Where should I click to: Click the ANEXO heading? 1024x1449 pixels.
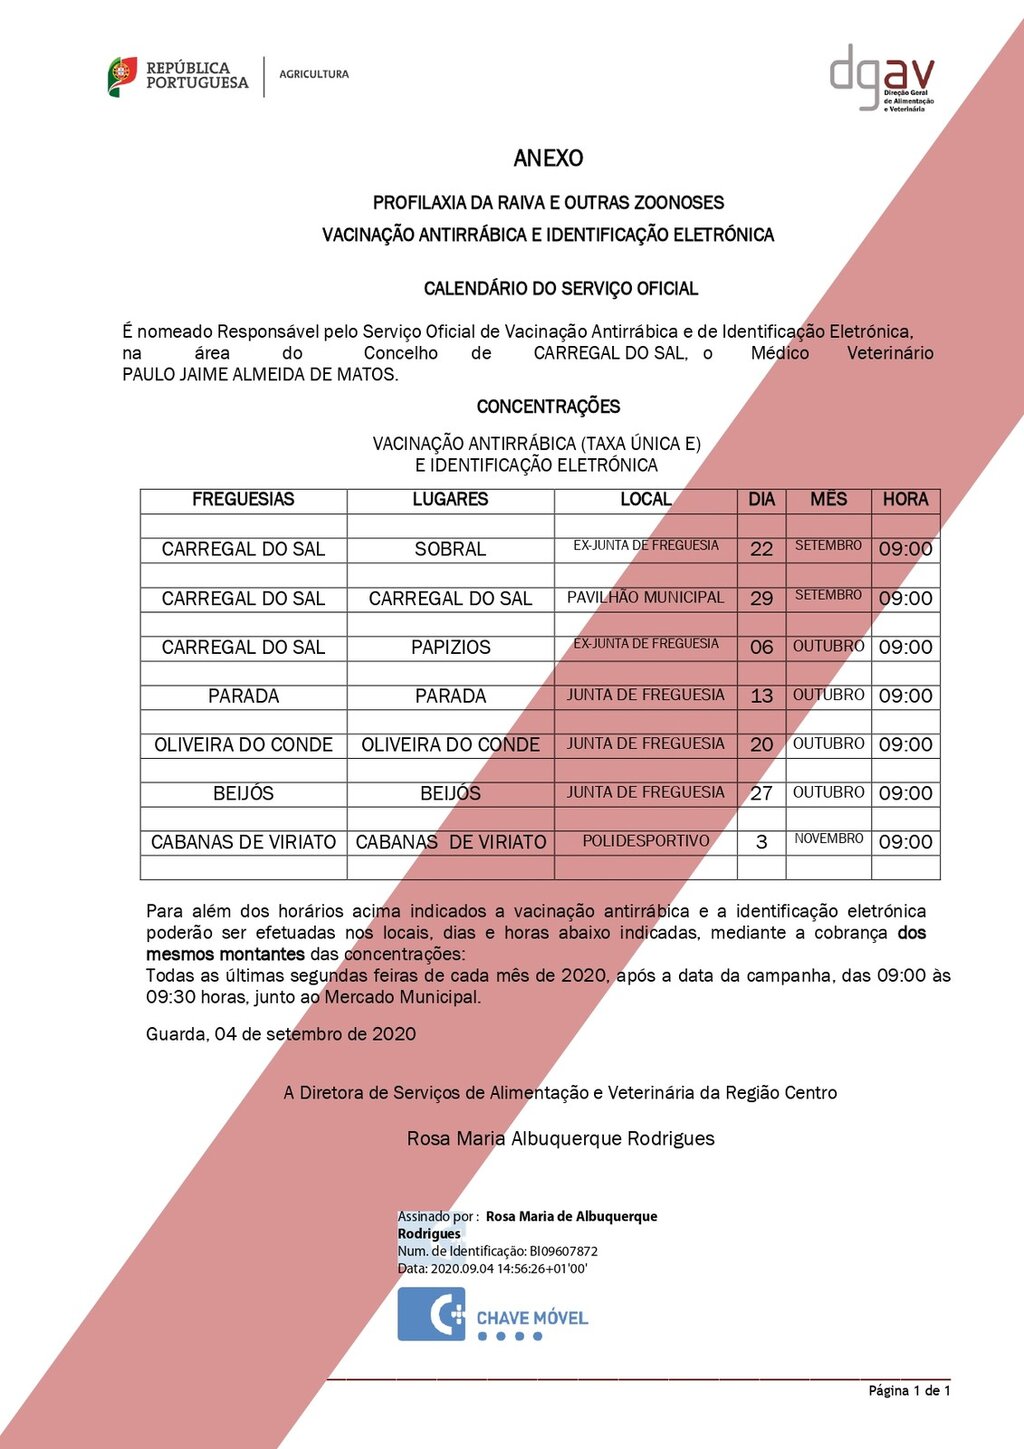point(548,158)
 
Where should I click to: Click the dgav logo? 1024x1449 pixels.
point(881,77)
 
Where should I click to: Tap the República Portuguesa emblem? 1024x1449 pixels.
point(122,77)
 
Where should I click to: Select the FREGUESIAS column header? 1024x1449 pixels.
point(243,499)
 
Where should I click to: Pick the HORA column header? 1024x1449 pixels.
point(905,499)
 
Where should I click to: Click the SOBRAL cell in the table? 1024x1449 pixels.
point(450,549)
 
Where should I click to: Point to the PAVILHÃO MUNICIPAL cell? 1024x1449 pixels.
point(645,597)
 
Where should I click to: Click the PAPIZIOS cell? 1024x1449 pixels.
point(450,647)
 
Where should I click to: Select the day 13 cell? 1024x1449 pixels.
point(761,696)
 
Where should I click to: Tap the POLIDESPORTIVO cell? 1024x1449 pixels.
point(645,841)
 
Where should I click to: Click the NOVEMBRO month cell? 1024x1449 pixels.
point(828,839)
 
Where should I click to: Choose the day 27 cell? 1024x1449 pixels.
point(761,793)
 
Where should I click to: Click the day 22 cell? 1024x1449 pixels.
point(761,549)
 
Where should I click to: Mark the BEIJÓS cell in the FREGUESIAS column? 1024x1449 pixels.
point(243,793)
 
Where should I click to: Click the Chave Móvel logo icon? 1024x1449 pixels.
point(431,1313)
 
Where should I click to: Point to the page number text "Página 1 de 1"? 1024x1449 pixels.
point(909,1391)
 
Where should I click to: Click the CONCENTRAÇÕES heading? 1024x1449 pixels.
point(548,407)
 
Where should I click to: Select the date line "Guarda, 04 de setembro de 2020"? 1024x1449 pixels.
point(281,1034)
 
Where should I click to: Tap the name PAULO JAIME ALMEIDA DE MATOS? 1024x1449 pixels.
point(260,375)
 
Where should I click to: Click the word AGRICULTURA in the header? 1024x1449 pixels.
point(314,74)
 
